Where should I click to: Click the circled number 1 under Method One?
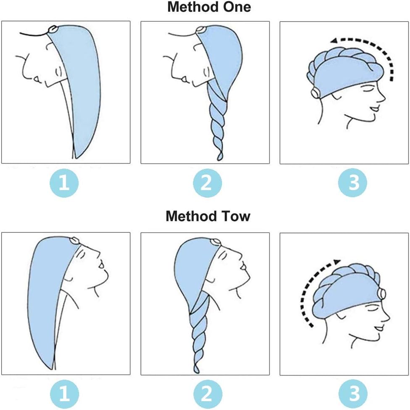tap(64, 183)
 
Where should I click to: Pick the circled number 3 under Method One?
tap(352, 183)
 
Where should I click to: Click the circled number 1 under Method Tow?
tap(64, 394)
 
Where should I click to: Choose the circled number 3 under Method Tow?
tap(352, 394)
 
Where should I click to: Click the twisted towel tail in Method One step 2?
tap(217, 126)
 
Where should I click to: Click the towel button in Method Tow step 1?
tap(75, 241)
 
